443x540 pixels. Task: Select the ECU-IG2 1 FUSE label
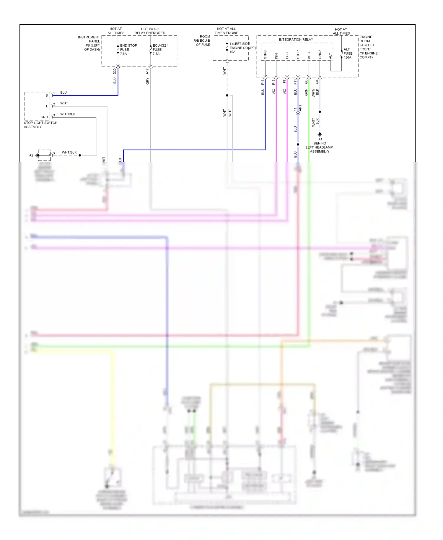point(160,50)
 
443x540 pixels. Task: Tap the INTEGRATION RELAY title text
point(296,40)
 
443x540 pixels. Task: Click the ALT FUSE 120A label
point(348,53)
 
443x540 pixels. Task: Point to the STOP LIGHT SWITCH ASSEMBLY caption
point(40,125)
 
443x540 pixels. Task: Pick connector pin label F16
point(262,82)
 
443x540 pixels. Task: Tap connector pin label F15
point(273,82)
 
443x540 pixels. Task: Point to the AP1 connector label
point(300,108)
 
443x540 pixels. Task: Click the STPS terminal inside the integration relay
point(265,55)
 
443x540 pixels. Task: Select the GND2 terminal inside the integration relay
point(320,55)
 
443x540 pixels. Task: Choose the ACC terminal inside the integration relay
point(309,56)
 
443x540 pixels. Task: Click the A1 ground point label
point(320,139)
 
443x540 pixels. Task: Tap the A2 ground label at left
point(31,155)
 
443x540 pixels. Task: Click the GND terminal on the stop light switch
point(44,117)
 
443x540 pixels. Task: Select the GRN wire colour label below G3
point(306,92)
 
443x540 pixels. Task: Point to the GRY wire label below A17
point(147,81)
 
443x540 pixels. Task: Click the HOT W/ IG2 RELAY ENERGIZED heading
point(150,31)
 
